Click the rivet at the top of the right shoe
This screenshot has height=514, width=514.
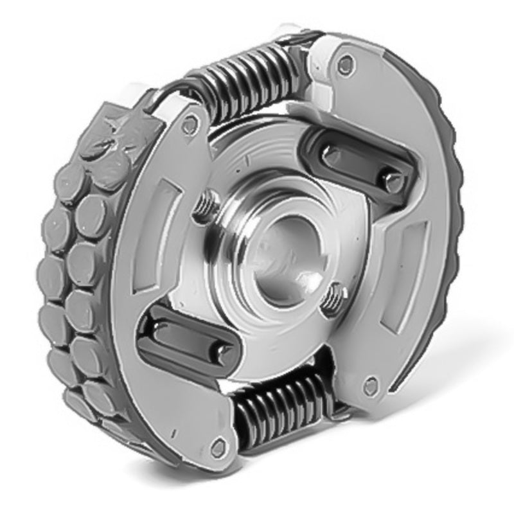346,64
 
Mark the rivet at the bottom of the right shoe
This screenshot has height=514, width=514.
371,386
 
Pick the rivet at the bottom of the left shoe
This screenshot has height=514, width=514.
219,447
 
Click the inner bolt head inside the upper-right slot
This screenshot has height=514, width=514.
332,154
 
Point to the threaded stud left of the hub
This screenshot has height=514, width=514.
204,205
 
